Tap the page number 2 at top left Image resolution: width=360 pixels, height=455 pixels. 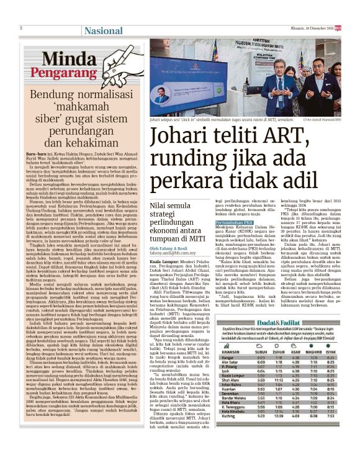tap(21, 28)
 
